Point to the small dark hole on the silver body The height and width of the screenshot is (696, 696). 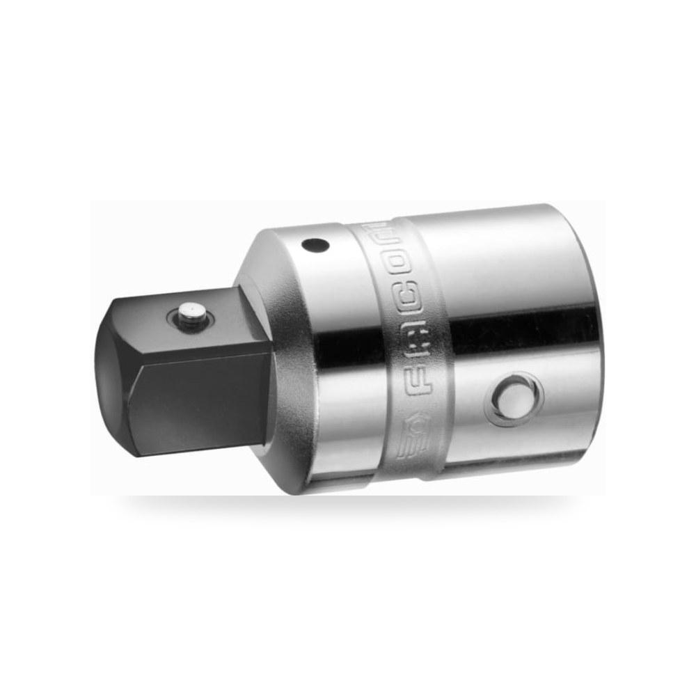[315, 244]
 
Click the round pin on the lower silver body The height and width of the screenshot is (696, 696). [514, 400]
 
